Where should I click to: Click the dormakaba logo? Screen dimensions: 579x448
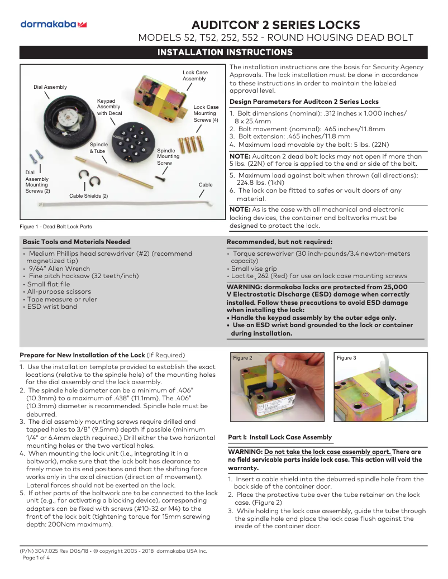pos(53,24)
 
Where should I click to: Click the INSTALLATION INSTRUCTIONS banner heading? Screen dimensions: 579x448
pos(225,52)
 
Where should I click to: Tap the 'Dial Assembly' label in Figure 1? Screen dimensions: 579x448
pos(50,87)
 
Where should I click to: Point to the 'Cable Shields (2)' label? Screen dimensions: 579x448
pos(88,196)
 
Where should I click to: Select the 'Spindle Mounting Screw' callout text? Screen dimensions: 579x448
pos(168,157)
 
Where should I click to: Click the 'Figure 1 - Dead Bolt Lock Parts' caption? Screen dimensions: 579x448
pos(55,227)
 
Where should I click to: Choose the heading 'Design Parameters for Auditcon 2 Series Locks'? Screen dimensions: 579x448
pos(304,102)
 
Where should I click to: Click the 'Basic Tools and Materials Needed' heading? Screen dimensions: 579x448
pos(76,242)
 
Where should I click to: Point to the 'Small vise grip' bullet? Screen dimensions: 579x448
pos(254,269)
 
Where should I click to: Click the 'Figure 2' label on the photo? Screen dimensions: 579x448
pos(242,358)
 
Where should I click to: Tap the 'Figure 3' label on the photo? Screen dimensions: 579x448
pos(346,358)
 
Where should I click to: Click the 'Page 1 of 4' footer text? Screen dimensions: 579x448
pos(36,558)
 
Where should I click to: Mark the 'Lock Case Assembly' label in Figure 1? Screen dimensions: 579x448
pos(195,76)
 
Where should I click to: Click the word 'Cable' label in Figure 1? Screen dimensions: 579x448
pos(206,184)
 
